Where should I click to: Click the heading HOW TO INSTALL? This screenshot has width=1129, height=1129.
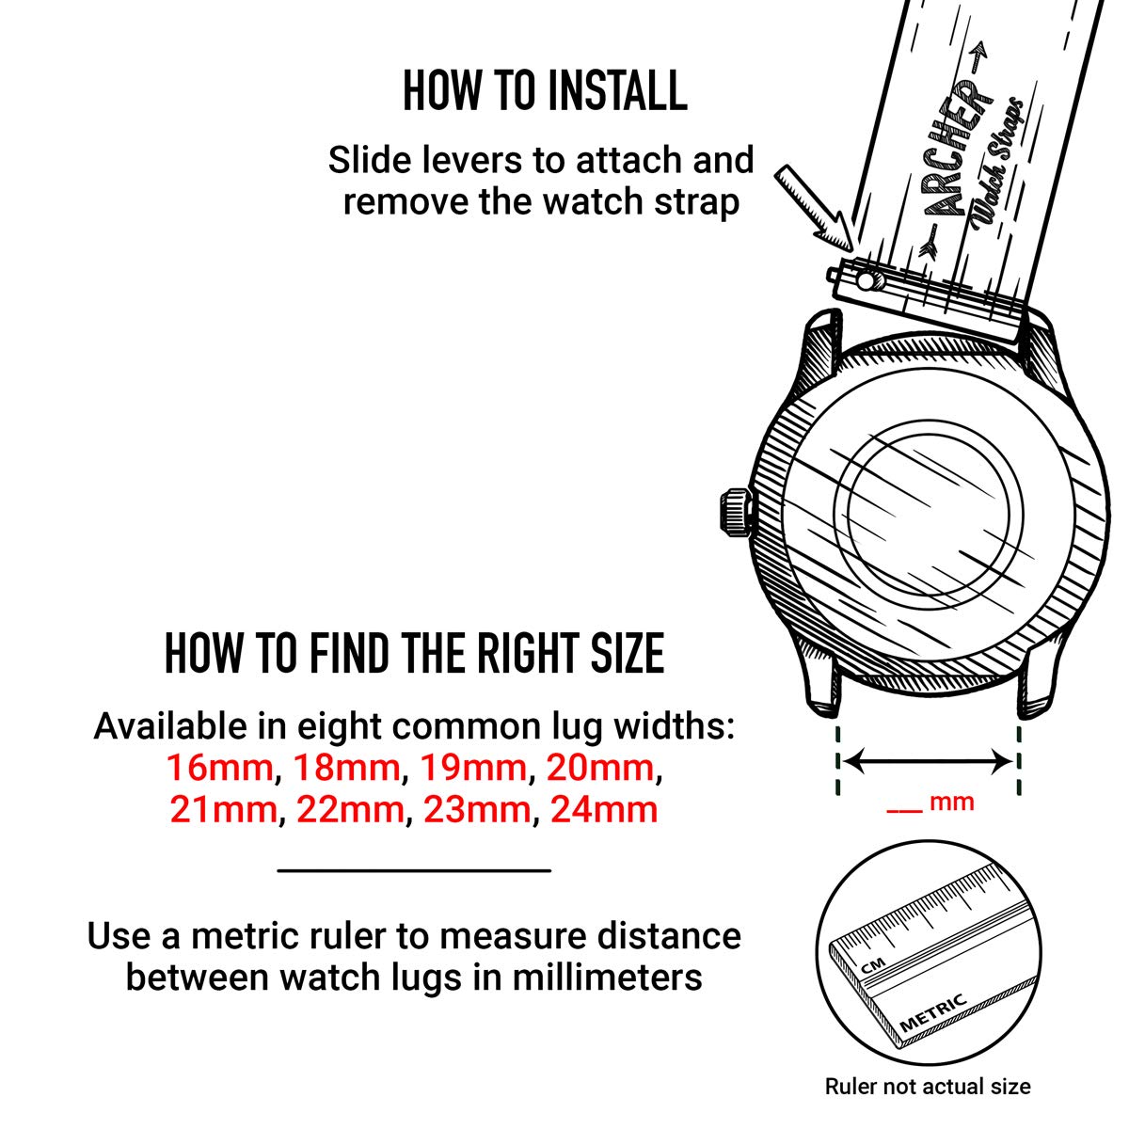(545, 91)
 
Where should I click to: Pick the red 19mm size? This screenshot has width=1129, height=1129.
(473, 769)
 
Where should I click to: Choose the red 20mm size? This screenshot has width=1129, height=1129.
(600, 769)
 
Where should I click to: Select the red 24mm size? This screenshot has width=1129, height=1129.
(604, 809)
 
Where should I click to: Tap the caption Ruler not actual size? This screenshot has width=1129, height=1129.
(928, 1087)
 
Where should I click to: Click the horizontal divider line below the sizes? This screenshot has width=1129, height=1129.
(414, 870)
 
